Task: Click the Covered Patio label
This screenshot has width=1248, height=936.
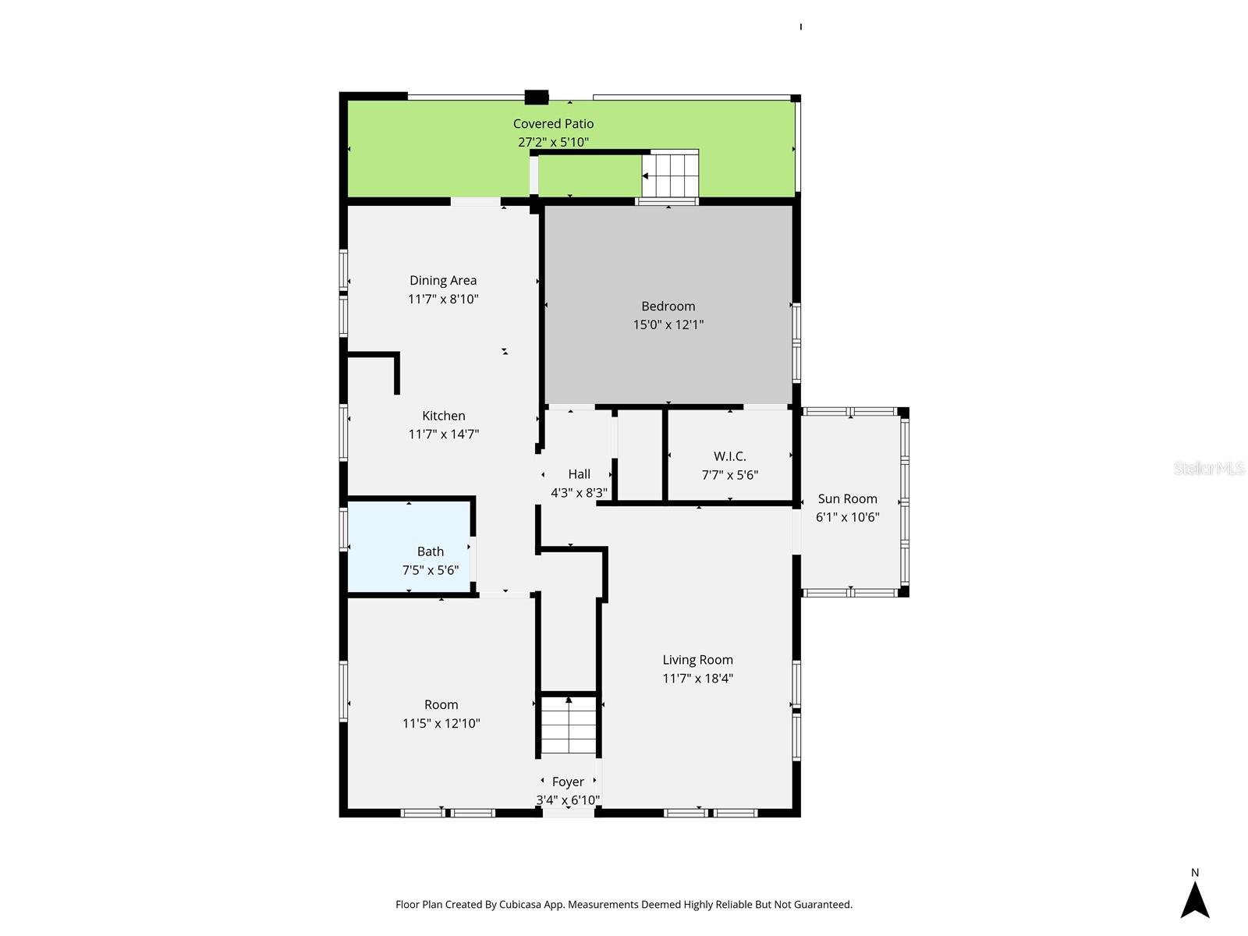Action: tap(553, 123)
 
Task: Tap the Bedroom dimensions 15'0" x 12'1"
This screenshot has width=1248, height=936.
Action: tap(668, 324)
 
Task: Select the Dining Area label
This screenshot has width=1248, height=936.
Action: tap(443, 280)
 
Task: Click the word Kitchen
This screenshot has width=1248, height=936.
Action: tap(443, 416)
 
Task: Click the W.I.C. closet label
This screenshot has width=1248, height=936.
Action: tap(729, 456)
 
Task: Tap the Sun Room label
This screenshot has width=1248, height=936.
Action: tap(847, 498)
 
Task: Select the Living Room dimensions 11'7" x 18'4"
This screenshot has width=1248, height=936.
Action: tap(697, 679)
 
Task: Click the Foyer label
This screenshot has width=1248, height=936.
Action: tap(568, 782)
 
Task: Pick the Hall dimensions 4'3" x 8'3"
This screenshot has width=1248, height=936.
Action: tap(579, 493)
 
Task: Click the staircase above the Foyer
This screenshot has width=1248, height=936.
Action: tap(569, 725)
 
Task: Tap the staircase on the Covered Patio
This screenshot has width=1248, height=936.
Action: tap(671, 175)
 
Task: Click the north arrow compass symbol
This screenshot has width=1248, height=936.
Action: tap(1194, 900)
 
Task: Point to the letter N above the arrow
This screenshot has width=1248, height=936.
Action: tap(1194, 873)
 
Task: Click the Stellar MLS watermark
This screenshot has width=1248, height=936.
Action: tap(1208, 468)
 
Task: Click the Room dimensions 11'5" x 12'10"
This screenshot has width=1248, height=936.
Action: tap(441, 723)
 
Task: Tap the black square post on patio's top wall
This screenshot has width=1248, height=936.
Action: tap(537, 97)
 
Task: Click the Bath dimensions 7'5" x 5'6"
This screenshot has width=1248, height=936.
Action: tap(430, 570)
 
